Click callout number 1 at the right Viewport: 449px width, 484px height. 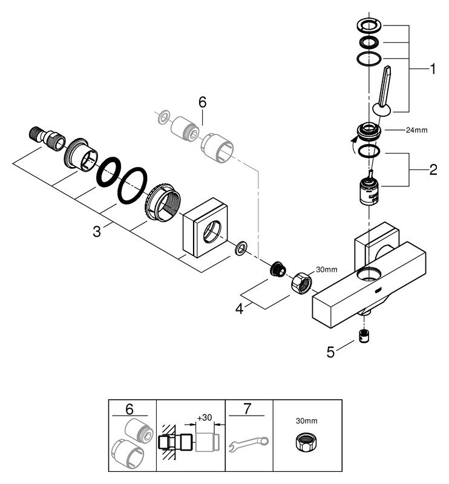tap(433, 69)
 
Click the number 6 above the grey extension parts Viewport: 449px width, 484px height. tap(202, 103)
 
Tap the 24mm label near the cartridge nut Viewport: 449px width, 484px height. tap(400, 129)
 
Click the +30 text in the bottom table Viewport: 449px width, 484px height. tap(205, 417)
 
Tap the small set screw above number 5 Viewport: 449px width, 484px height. tap(365, 336)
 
